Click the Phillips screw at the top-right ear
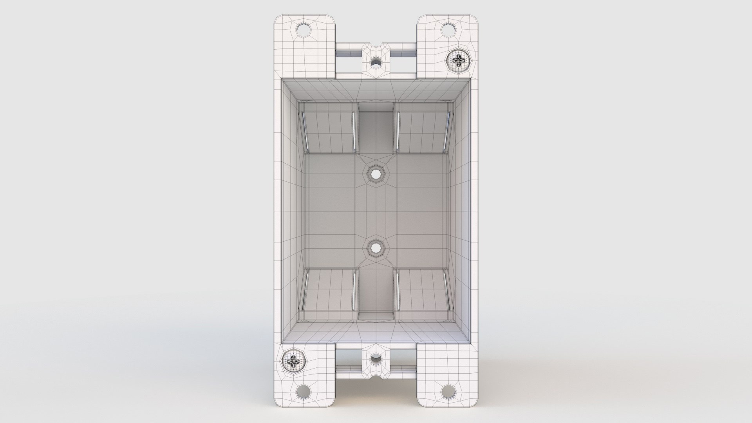[458, 60]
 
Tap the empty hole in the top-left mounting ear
[303, 30]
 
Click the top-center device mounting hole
[376, 61]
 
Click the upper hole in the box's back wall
[376, 173]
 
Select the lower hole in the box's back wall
[376, 248]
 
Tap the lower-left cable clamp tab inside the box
[329, 290]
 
